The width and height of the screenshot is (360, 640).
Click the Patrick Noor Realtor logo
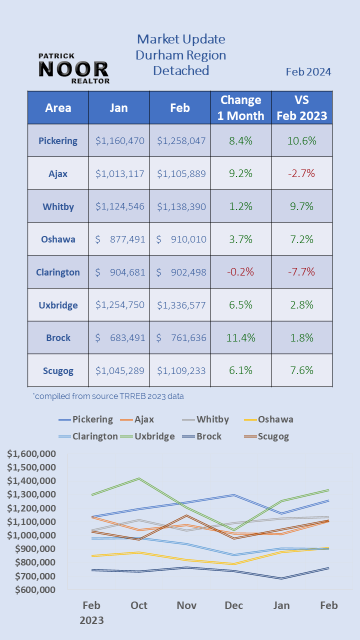[x=73, y=68]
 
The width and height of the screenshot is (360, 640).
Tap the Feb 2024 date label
[x=308, y=72]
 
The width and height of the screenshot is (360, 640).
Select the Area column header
[x=58, y=107]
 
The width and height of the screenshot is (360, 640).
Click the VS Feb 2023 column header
[x=301, y=107]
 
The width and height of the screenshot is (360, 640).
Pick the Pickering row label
[x=58, y=140]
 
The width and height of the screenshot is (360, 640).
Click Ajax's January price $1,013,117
[x=119, y=173]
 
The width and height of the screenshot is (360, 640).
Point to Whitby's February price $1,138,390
[x=181, y=206]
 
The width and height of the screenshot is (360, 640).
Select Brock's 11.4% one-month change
[x=240, y=337]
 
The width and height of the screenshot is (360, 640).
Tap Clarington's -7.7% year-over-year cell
[x=301, y=272]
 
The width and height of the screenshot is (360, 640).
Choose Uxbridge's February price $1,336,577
[x=181, y=305]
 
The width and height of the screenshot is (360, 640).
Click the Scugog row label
[x=58, y=370]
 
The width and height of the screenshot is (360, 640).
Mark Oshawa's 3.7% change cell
[x=240, y=239]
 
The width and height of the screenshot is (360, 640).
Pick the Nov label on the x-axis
[x=186, y=605]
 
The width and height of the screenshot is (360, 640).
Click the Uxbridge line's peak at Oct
[x=139, y=478]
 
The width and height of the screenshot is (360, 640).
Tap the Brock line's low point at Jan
[x=281, y=578]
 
